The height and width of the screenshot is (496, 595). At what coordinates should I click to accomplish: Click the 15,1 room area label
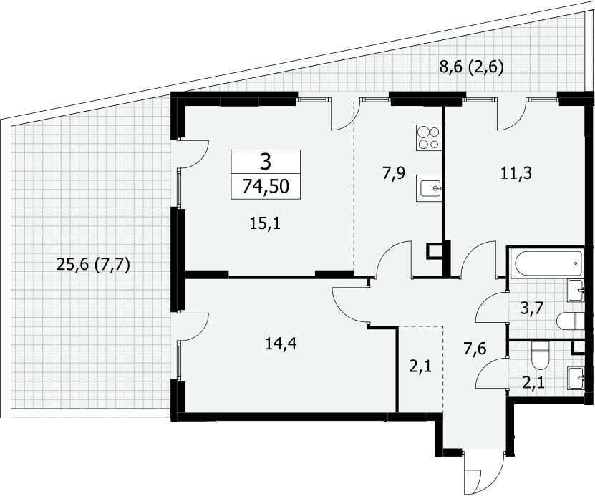(265, 224)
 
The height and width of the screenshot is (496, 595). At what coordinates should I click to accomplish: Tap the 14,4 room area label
(281, 344)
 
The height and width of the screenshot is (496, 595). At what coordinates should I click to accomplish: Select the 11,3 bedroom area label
(516, 173)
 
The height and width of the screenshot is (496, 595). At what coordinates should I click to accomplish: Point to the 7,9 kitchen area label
(394, 173)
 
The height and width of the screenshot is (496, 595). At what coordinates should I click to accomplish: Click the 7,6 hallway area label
(475, 348)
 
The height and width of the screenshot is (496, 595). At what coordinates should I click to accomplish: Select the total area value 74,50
(266, 187)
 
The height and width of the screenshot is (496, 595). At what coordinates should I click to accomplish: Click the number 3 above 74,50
(266, 162)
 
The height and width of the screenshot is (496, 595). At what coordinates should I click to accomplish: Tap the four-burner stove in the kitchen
(429, 137)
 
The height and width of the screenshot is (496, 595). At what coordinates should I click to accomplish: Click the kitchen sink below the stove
(429, 188)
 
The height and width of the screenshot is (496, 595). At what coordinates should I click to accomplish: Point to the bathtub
(546, 263)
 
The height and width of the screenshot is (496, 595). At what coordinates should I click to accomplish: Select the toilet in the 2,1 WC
(541, 355)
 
